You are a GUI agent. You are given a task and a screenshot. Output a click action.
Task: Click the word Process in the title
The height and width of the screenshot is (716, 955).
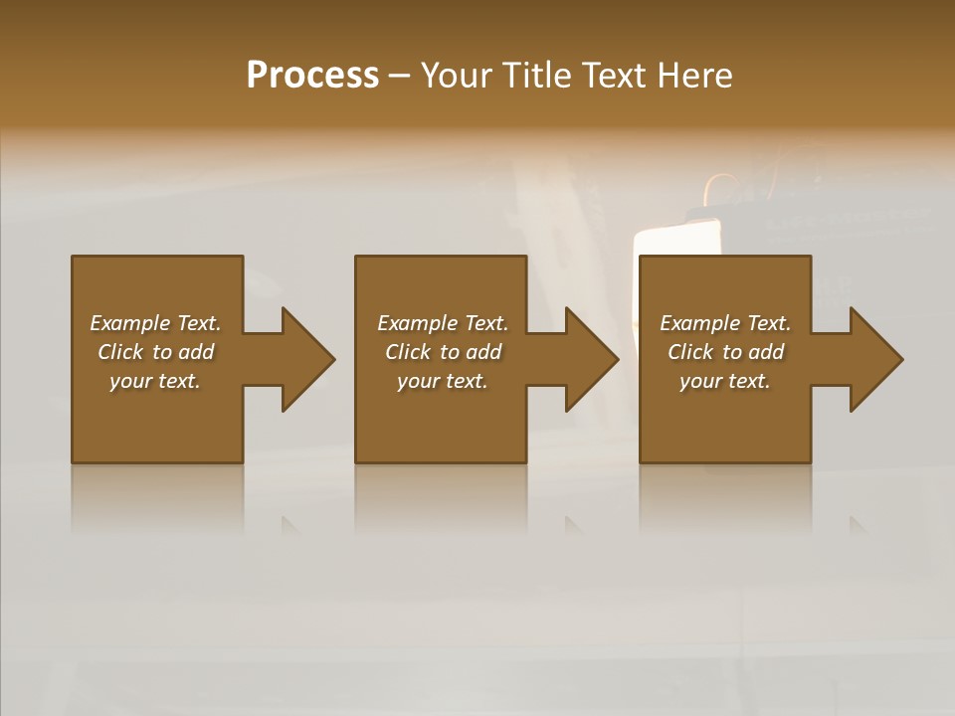pos(312,76)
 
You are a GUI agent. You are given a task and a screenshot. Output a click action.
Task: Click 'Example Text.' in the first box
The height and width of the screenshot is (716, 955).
pos(155,323)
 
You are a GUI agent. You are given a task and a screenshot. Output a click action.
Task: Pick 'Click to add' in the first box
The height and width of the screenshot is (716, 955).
pos(155,352)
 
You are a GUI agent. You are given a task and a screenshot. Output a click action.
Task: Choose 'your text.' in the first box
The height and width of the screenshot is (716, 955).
pos(155,381)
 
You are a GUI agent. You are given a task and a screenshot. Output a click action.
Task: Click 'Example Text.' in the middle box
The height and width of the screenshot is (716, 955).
pos(443,323)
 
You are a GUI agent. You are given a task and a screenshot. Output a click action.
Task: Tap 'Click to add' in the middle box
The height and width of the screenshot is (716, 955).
pos(443,352)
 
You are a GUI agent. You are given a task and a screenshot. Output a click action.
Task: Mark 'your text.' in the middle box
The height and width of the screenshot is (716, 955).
pos(443,381)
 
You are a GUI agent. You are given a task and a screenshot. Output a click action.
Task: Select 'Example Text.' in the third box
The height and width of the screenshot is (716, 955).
pos(725,323)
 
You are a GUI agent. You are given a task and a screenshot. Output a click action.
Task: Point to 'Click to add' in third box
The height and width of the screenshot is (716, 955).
pos(725,352)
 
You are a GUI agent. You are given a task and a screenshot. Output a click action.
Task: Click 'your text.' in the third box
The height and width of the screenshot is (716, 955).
pos(725,381)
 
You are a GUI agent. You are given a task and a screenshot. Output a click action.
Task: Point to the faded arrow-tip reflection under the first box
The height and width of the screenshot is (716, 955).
pos(289,524)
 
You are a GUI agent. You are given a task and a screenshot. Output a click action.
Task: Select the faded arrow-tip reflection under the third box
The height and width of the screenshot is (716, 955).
pos(858,524)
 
